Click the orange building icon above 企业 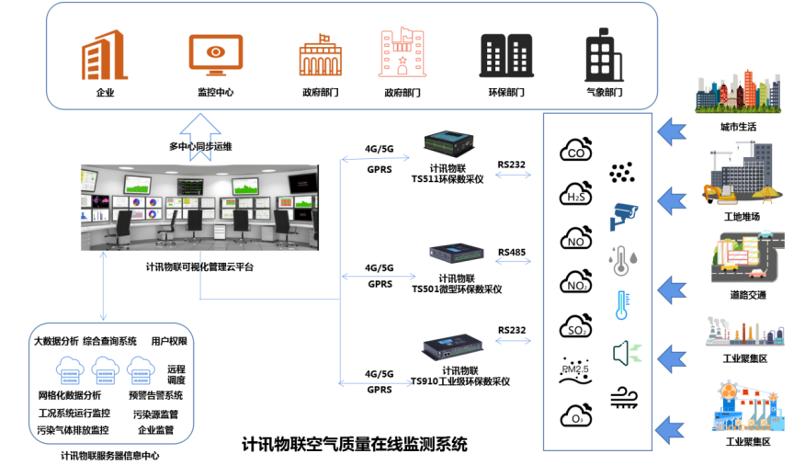click(x=104, y=54)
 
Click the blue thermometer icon click(x=622, y=304)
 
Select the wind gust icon click(x=624, y=396)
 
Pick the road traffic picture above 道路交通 click(x=738, y=261)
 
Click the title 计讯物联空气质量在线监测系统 click(x=354, y=445)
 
